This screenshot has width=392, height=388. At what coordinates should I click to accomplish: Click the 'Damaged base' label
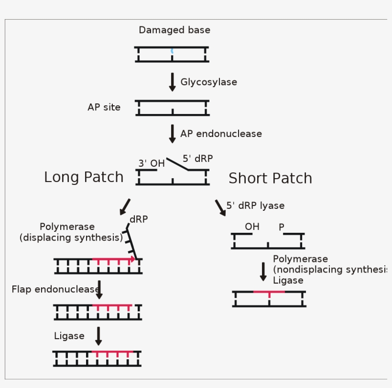click(174, 30)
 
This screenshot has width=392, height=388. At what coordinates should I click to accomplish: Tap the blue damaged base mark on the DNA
click(172, 50)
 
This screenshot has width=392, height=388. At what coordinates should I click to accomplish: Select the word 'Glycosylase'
click(208, 82)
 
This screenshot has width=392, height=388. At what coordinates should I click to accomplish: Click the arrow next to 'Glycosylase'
click(172, 82)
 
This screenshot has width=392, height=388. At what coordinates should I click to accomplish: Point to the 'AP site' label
click(104, 107)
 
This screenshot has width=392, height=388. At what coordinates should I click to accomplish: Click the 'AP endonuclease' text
click(221, 134)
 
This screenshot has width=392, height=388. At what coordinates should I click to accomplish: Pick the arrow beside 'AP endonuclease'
click(172, 134)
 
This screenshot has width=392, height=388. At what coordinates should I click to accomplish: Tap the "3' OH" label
click(151, 163)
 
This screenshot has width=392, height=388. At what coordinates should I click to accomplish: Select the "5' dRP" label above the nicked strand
click(197, 159)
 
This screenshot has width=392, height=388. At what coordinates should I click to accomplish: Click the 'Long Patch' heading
click(84, 177)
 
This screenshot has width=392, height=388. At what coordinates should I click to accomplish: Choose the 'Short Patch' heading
click(270, 178)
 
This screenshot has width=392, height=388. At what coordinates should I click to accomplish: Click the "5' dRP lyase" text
click(255, 205)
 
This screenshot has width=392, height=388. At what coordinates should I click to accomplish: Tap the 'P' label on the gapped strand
click(282, 227)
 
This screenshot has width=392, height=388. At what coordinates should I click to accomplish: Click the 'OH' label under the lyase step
click(252, 227)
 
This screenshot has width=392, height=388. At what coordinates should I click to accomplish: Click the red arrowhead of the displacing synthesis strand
click(132, 259)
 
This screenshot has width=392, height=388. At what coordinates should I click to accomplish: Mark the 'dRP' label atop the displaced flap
click(139, 219)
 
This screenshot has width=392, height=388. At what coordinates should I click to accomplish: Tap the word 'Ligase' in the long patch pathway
click(69, 336)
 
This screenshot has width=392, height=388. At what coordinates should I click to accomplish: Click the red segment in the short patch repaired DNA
click(269, 292)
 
